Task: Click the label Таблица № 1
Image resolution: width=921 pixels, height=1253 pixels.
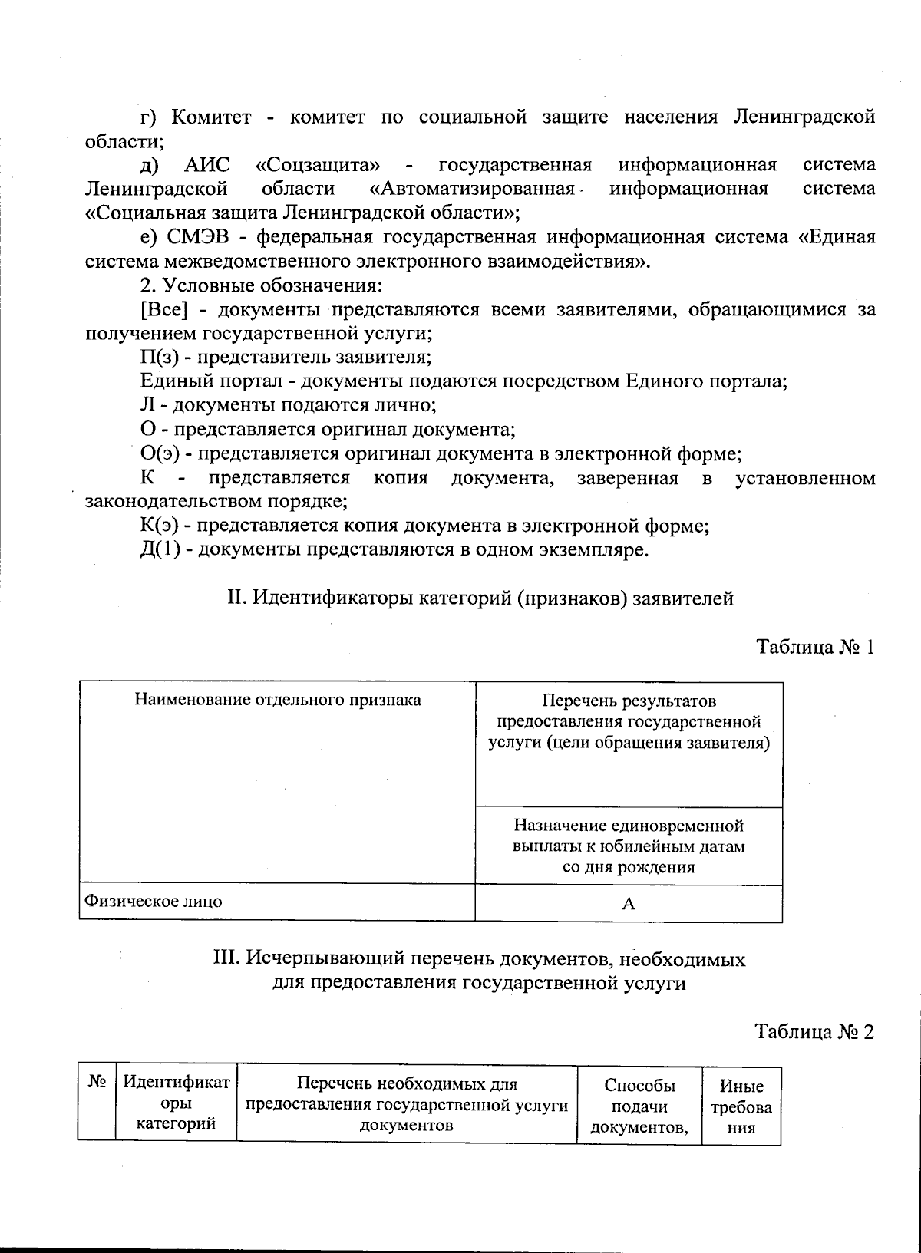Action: (x=815, y=647)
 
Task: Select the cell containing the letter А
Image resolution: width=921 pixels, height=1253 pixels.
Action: (x=629, y=903)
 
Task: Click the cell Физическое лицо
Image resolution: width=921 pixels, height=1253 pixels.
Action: (x=153, y=901)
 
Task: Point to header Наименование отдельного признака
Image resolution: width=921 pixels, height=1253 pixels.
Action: (x=278, y=700)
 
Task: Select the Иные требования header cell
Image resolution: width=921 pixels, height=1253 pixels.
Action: (x=741, y=1106)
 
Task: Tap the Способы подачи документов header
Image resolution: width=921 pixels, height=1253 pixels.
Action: (x=639, y=1106)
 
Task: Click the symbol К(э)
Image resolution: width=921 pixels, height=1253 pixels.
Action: (x=160, y=526)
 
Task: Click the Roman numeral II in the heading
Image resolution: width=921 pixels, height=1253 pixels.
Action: (x=236, y=598)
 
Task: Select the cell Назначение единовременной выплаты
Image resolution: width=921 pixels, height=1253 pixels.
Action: (x=629, y=846)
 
